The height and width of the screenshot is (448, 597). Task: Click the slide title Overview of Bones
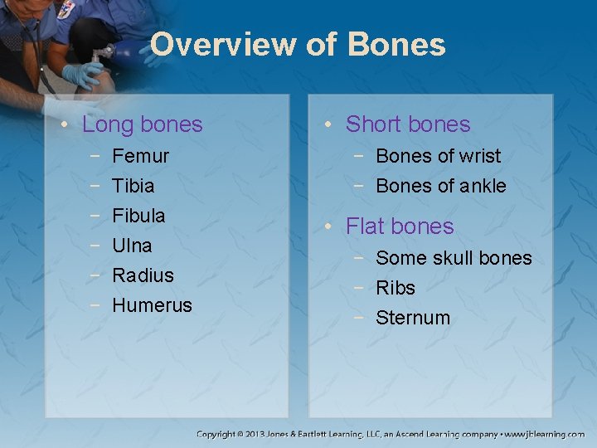pyautogui.click(x=298, y=44)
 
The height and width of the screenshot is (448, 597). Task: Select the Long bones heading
pyautogui.click(x=143, y=124)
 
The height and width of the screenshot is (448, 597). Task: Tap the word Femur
pyautogui.click(x=140, y=156)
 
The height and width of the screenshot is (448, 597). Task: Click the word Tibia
pyautogui.click(x=133, y=186)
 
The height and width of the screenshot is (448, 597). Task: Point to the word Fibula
pyautogui.click(x=138, y=216)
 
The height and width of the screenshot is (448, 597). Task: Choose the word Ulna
pyautogui.click(x=132, y=246)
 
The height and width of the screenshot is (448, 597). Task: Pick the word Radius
pyautogui.click(x=143, y=275)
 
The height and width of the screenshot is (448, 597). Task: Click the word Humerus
pyautogui.click(x=152, y=305)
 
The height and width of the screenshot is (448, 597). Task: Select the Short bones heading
pyautogui.click(x=407, y=124)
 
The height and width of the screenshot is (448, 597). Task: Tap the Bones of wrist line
pyautogui.click(x=438, y=156)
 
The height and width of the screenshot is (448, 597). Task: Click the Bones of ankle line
pyautogui.click(x=440, y=186)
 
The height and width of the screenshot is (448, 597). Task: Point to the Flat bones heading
pyautogui.click(x=400, y=226)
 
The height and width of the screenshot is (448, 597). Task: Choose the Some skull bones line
pyautogui.click(x=454, y=258)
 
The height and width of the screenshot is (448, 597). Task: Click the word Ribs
pyautogui.click(x=396, y=288)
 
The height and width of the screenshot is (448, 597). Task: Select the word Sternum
pyautogui.click(x=413, y=318)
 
